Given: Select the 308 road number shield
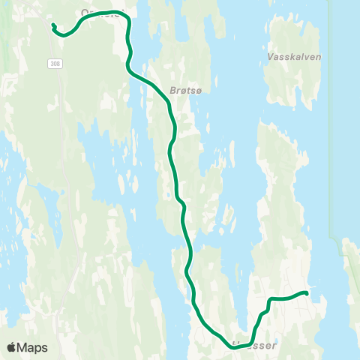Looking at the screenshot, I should [55, 64].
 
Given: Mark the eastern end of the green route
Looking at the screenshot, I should [306, 292].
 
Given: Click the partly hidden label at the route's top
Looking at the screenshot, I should [100, 13].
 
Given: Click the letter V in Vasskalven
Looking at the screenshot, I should [270, 56].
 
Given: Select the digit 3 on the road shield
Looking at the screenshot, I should [52, 64].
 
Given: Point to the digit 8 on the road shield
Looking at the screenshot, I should [58, 64].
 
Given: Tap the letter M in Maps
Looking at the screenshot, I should [22, 348].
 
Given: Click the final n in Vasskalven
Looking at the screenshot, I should [308, 56].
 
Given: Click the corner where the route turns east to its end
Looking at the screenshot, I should [269, 300].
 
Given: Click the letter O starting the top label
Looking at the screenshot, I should [84, 13].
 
